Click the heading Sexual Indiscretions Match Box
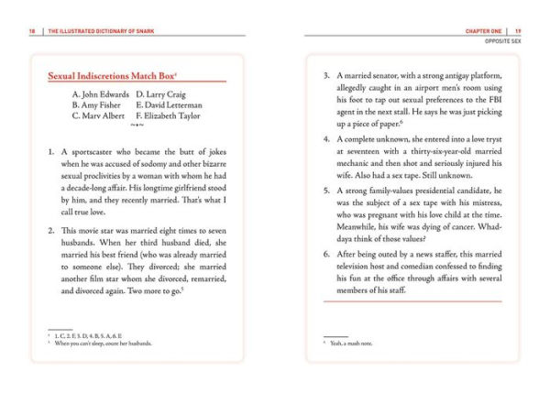click(111, 76)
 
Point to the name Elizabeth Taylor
click(173, 116)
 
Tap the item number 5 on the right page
click(325, 191)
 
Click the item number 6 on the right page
click(325, 252)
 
